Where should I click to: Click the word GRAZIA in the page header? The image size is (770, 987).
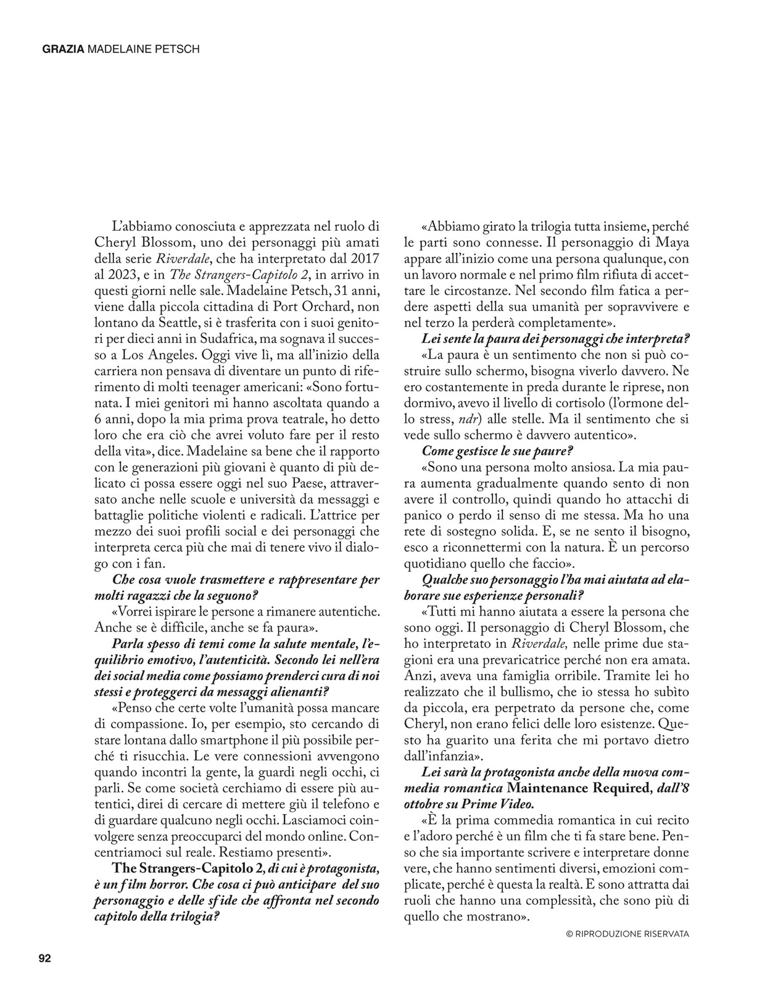tap(63, 49)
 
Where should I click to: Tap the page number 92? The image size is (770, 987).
tap(44, 958)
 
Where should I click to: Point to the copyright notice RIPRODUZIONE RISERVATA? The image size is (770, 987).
tap(627, 934)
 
